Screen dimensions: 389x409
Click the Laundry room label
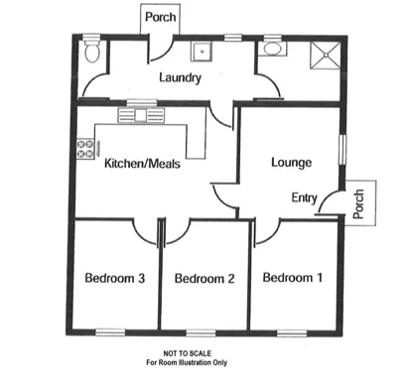click(x=180, y=77)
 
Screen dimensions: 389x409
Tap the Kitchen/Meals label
click(x=142, y=165)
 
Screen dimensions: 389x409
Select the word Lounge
click(x=292, y=162)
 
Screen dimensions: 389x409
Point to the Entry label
click(x=304, y=198)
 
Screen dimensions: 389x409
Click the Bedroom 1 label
click(x=292, y=278)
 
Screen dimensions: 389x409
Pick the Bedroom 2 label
click(x=204, y=279)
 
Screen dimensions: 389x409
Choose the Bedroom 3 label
click(x=115, y=278)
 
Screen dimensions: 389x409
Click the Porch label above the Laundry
click(x=159, y=17)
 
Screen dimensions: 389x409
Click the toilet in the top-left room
click(x=91, y=52)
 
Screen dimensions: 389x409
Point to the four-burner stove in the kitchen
click(x=82, y=151)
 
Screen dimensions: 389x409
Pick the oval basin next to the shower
click(x=272, y=49)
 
